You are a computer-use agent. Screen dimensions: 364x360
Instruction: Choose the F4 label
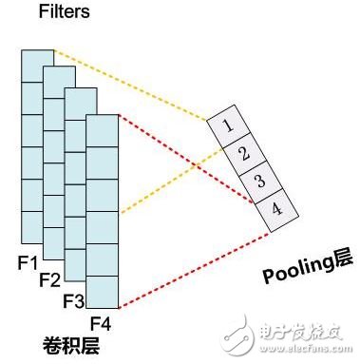click(99, 324)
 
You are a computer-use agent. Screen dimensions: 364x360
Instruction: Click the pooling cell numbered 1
click(225, 125)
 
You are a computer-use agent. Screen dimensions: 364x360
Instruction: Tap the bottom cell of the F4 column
click(102, 291)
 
